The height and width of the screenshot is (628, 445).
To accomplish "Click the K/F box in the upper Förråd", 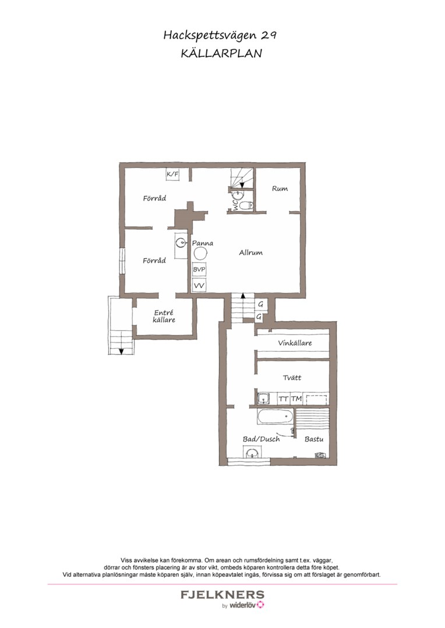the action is coord(172,174).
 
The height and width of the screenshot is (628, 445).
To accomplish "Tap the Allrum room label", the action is coord(251,252).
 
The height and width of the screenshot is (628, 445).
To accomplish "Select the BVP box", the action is coord(199,270).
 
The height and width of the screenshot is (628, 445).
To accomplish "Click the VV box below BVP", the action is coord(199,286).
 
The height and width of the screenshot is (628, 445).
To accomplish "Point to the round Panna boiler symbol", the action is coord(200,254).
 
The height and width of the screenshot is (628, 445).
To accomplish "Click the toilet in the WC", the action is coord(246,205).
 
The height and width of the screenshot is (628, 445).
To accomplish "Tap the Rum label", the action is coord(280,188).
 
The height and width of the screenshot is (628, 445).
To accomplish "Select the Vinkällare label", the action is coord(295,343).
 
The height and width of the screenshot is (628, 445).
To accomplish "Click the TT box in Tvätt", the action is coord(284,398).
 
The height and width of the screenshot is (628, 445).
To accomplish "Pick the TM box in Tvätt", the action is coord(296,398).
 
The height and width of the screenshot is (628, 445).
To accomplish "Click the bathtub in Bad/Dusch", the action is coord(276,416).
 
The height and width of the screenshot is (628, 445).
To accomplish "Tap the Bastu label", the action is coord(314,439).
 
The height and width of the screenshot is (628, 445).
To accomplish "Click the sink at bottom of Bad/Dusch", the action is coord(252,453).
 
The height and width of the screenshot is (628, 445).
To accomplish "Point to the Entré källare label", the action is coord(164,316).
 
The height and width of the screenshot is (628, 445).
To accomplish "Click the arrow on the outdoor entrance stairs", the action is coord(121,351).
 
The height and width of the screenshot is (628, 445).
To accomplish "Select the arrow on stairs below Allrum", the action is coord(243,297).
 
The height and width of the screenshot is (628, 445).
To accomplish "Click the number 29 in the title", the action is coord(269,35).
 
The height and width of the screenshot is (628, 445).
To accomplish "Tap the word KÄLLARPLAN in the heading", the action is coord(221,53).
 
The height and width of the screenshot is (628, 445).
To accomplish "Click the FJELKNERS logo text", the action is coord(223,594).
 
